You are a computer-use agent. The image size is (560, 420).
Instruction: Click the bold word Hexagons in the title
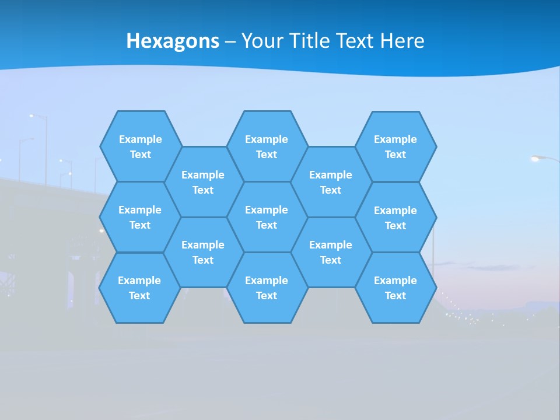pos(173,41)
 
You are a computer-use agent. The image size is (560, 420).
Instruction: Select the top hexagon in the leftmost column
pos(141,146)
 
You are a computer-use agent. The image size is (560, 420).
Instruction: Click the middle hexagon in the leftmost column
pos(140,217)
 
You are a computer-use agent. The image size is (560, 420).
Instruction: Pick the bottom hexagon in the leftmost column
pos(139,288)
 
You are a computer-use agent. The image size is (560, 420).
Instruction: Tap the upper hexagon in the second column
pos(203,182)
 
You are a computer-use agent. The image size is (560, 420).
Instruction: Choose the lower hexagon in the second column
pos(203,252)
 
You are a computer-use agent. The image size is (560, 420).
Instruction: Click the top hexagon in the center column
pos(267,146)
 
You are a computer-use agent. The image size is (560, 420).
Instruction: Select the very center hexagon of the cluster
pos(267,217)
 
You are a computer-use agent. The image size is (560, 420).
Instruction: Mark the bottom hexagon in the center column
pos(267,288)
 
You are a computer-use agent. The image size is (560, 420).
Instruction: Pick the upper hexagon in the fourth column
pos(331,182)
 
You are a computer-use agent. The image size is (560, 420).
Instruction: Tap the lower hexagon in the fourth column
pos(331,252)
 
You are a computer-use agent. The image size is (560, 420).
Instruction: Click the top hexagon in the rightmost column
pos(395,146)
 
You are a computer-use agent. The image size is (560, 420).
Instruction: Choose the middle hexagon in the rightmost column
pos(395,218)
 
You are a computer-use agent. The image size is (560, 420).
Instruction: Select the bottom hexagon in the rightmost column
pos(395,288)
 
